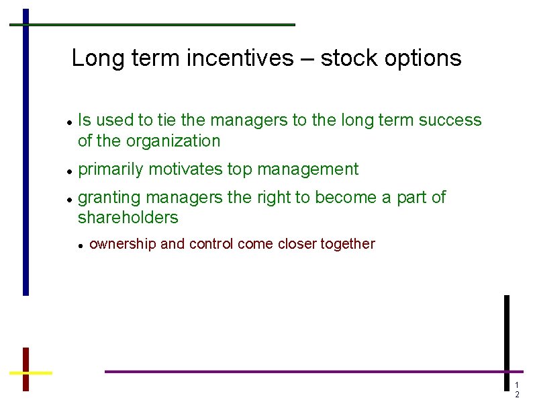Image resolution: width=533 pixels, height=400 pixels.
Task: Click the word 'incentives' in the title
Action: [x=240, y=58]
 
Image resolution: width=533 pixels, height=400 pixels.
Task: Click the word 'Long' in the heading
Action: [x=93, y=59]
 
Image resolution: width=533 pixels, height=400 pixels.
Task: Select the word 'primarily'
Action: [x=110, y=169]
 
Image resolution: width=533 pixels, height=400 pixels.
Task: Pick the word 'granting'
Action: [x=109, y=198]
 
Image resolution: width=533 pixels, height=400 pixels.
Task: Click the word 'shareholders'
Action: [x=128, y=218]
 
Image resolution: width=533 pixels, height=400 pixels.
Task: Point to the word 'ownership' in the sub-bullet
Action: [x=123, y=244]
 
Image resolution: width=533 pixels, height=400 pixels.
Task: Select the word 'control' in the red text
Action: [x=211, y=244]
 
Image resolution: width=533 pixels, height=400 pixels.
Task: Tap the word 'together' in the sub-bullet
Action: [x=347, y=244]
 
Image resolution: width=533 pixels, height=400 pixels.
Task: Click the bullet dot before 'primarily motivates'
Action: [x=70, y=171]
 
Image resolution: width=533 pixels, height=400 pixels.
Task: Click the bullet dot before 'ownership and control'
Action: [x=81, y=246]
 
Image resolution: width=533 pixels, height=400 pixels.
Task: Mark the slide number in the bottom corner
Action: [x=516, y=390]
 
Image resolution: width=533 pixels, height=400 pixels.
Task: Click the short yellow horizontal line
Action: [x=30, y=372]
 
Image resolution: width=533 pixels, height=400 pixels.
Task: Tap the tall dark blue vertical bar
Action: [x=26, y=151]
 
